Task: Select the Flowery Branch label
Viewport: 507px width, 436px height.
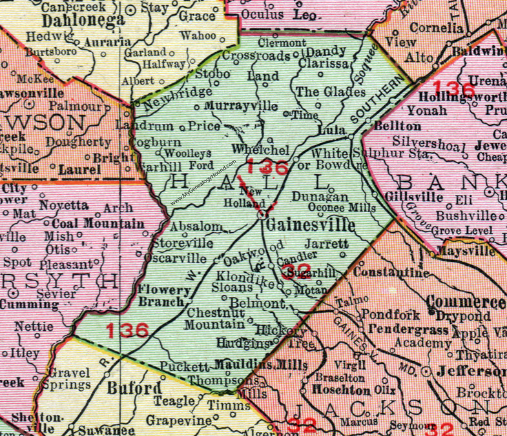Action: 164,296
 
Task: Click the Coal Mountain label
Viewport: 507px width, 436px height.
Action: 94,223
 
